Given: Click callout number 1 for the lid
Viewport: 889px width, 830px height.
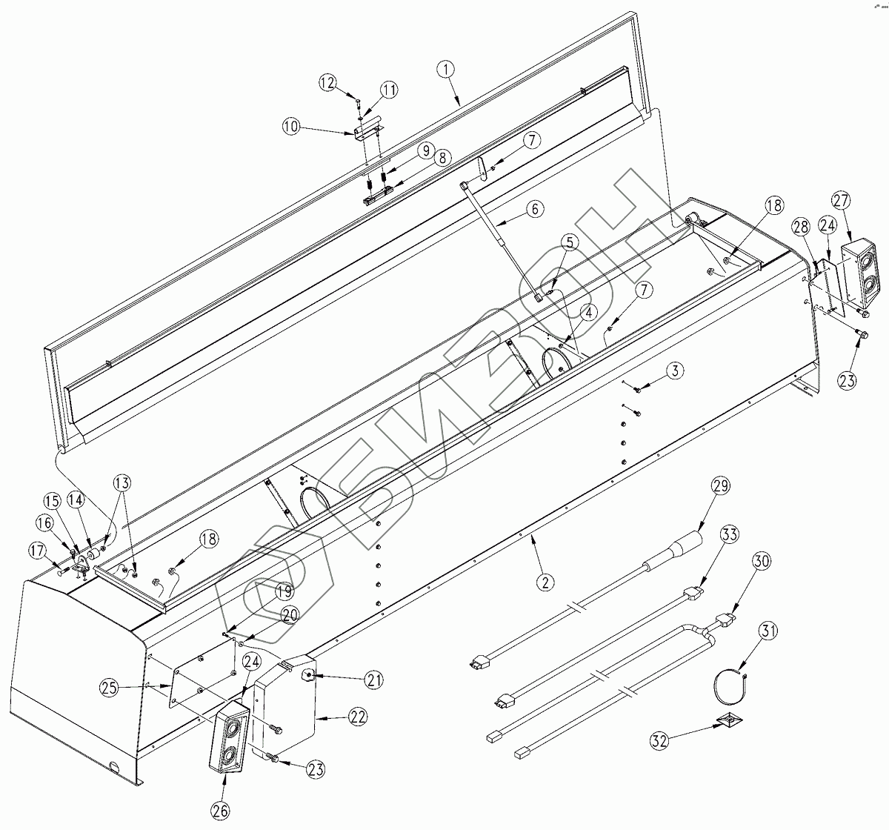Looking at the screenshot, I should point(446,69).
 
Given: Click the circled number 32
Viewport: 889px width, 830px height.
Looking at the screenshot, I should point(661,739).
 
